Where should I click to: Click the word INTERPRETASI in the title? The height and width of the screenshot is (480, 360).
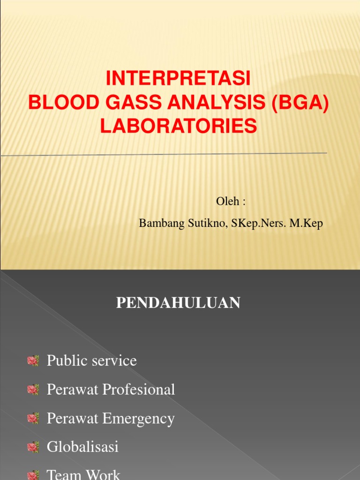(179, 79)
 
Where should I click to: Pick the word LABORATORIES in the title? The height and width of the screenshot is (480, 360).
(179, 127)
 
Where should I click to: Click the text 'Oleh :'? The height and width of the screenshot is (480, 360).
(231, 202)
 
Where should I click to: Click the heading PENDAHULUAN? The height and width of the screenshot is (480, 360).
(178, 303)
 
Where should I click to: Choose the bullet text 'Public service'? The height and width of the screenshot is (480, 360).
(92, 360)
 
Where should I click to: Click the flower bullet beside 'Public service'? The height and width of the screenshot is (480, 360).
(33, 361)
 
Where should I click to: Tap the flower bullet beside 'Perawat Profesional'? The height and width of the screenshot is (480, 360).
(33, 390)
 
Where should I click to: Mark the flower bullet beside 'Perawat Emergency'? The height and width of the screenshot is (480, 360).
(33, 419)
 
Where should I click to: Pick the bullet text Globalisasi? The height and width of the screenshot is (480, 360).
(82, 447)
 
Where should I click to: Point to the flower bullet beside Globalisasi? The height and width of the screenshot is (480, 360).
(33, 448)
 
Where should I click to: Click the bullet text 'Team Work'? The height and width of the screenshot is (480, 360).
(83, 475)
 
